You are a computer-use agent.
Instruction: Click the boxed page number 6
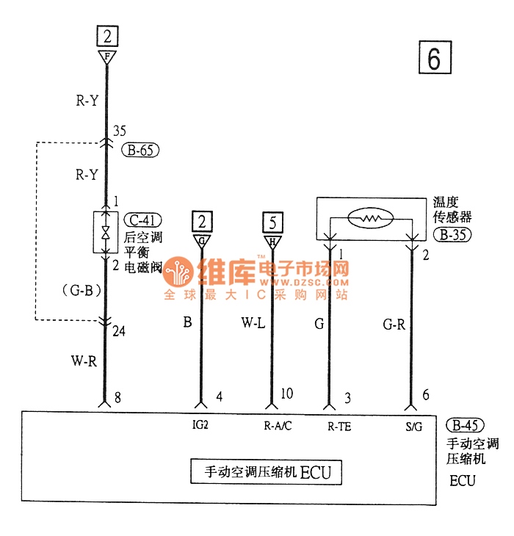[x=434, y=59]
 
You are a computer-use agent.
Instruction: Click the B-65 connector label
[x=141, y=151]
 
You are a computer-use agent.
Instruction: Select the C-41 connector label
[x=142, y=220]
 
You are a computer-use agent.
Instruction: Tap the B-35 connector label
[x=452, y=236]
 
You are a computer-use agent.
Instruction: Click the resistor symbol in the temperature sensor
[x=370, y=219]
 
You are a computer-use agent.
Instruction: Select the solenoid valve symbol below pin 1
[x=106, y=233]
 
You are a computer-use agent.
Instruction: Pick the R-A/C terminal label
[x=278, y=425]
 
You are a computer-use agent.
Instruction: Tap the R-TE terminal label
[x=339, y=425]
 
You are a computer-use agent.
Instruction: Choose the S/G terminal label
[x=414, y=425]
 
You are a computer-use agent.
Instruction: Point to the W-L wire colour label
[x=253, y=323]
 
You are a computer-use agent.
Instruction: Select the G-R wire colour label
[x=394, y=324]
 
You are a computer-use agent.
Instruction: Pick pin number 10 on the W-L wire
[x=286, y=394]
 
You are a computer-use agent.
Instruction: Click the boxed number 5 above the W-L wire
[x=272, y=221]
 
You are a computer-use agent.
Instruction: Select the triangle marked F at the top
[x=107, y=56]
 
